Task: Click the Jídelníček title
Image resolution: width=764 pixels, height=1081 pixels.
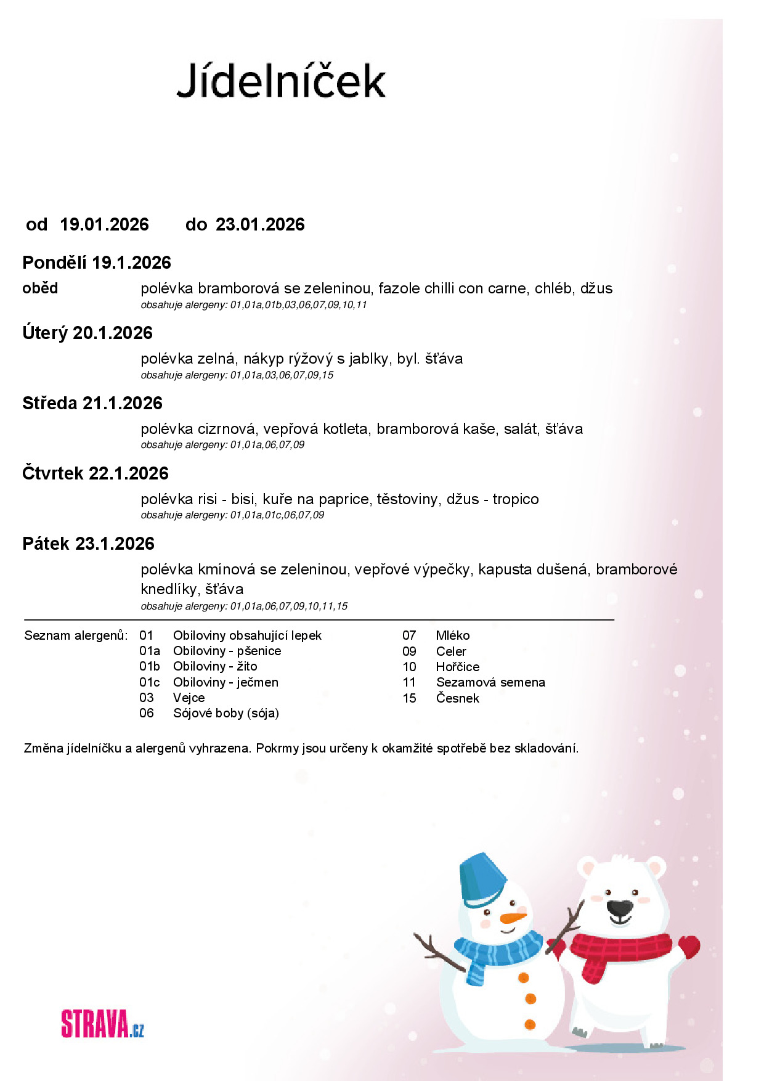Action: point(281,80)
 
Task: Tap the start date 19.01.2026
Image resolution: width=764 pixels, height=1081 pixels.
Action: point(104,224)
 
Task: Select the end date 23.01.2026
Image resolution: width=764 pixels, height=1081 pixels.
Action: point(260,224)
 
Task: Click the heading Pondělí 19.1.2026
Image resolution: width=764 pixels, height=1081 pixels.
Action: point(97,263)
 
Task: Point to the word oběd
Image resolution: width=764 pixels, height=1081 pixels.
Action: point(40,288)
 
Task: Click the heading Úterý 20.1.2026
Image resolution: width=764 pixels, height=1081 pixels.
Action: point(87,333)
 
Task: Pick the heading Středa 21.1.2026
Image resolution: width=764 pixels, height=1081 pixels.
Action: point(92,403)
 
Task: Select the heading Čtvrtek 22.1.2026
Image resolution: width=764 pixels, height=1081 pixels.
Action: point(95,473)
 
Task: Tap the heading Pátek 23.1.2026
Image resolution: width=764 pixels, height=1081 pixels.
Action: point(88,544)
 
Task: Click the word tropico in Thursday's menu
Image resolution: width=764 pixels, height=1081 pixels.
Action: point(516,499)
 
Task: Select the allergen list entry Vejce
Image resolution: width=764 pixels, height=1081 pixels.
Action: point(189,698)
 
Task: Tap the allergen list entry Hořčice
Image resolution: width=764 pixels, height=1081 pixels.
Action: point(457,667)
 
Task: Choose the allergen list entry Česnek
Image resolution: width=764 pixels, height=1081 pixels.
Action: point(457,698)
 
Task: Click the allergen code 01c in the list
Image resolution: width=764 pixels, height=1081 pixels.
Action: point(149,682)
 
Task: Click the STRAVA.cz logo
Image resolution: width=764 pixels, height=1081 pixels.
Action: point(102,1024)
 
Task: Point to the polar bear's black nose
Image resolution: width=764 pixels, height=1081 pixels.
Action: point(619,908)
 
